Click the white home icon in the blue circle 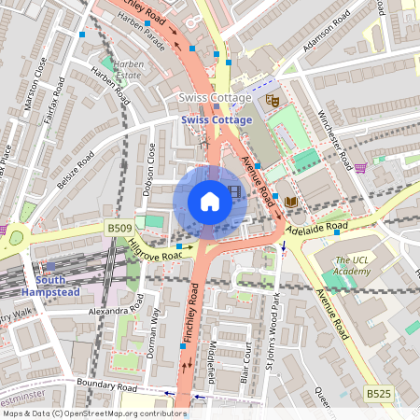(x=210, y=201)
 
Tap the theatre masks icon (x=272, y=98)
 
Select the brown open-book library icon (x=291, y=202)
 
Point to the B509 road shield (x=119, y=227)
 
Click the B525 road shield (x=378, y=395)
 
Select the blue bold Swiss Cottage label (x=217, y=120)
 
